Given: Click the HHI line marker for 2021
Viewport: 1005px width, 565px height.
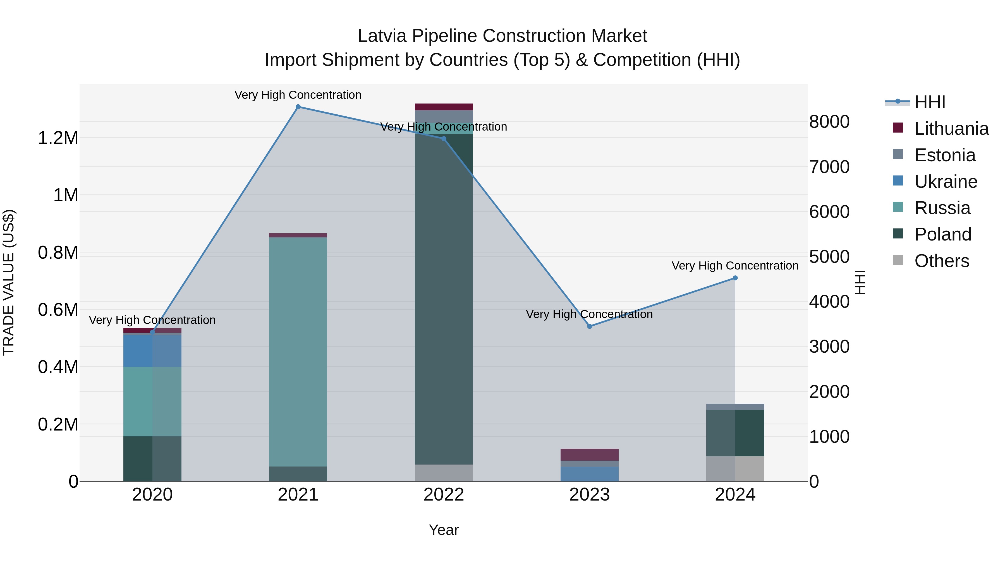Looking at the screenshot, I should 298,107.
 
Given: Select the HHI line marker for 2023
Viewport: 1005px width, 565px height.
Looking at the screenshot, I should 590,326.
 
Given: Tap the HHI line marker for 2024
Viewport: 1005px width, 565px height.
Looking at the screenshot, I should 735,278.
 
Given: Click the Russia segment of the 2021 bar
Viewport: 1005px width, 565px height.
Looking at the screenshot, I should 298,351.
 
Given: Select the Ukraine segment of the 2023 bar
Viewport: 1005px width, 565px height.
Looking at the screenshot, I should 590,474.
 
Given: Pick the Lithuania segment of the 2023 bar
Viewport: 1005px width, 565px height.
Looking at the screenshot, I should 590,455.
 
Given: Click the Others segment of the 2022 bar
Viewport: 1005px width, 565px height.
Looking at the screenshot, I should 444,473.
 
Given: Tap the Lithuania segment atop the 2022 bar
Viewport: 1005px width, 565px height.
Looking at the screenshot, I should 444,107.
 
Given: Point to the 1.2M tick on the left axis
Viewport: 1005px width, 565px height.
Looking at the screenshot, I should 58,138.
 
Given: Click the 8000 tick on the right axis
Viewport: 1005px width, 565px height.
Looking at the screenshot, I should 829,122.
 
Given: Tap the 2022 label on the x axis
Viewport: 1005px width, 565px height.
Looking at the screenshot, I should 444,495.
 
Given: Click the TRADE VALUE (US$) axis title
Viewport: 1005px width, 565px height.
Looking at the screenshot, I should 9,282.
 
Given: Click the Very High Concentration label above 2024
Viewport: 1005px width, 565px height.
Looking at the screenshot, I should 735,266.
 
